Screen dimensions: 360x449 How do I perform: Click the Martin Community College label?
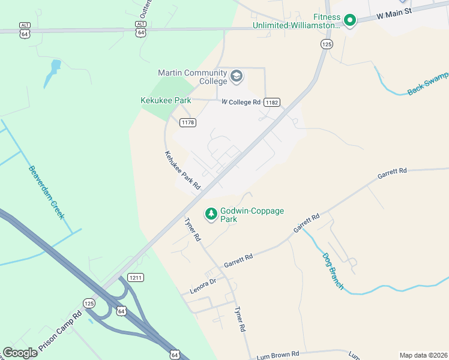192,77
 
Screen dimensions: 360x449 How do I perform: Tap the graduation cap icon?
237,77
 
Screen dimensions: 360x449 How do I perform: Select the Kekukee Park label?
166,101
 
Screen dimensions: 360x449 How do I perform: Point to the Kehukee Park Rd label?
182,171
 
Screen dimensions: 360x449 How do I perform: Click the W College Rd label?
241,102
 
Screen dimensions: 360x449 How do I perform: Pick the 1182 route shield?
272,103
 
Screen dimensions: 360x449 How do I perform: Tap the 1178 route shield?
188,122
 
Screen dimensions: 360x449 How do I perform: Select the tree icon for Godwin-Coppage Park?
211,213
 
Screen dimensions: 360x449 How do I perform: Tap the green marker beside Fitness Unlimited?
349,21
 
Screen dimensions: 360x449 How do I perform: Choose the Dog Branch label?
331,270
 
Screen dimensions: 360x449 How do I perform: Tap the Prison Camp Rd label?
60,330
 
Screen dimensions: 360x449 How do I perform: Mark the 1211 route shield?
135,277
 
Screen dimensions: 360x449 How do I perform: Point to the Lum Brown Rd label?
277,355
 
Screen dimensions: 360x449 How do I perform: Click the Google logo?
20,353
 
